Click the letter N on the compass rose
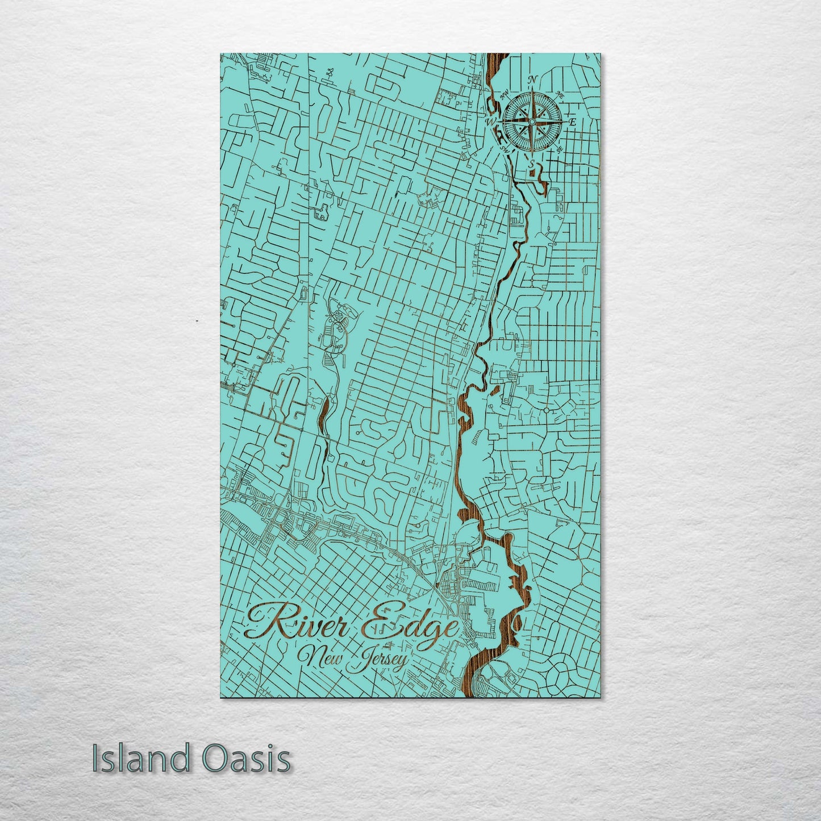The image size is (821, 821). [532, 80]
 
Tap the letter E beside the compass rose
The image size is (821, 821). [573, 122]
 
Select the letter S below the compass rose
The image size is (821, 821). [532, 164]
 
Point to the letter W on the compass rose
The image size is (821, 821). [490, 122]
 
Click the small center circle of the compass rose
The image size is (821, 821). [532, 122]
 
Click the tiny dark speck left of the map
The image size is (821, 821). [196, 322]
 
